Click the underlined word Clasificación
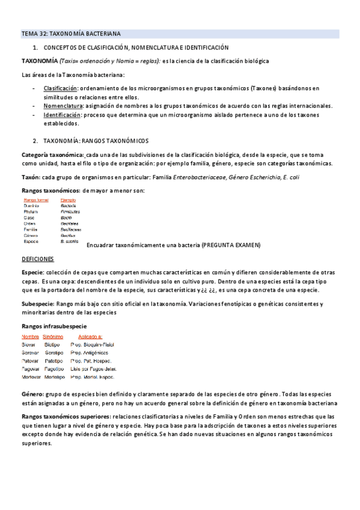[x=59, y=88]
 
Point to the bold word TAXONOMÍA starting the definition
[x=40, y=61]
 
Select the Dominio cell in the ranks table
[x=32, y=206]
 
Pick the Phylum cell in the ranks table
[x=31, y=212]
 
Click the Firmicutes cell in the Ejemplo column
[x=71, y=212]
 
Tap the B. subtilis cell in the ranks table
[x=69, y=241]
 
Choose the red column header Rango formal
[x=36, y=200]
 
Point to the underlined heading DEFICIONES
[x=38, y=259]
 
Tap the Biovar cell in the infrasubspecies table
[x=30, y=345]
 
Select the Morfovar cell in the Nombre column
[x=32, y=376]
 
